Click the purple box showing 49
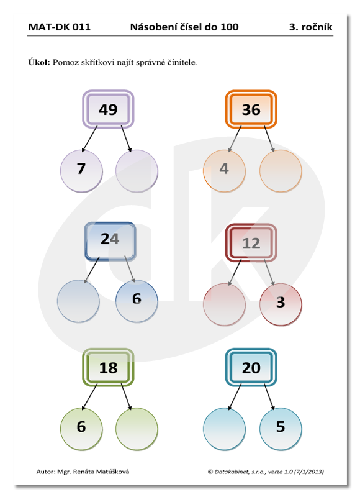pyautogui.click(x=108, y=109)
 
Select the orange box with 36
pyautogui.click(x=251, y=109)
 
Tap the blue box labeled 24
pyautogui.click(x=110, y=241)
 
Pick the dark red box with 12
pyautogui.click(x=251, y=242)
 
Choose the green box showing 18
pyautogui.click(x=108, y=367)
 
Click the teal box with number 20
pyautogui.click(x=251, y=367)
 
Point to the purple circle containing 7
pyautogui.click(x=81, y=171)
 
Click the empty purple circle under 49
pyautogui.click(x=137, y=171)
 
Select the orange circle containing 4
pyautogui.click(x=224, y=171)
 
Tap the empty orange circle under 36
pyautogui.click(x=281, y=171)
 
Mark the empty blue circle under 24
pyautogui.click(x=78, y=301)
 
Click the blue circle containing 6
pyautogui.click(x=137, y=301)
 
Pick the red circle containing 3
pyautogui.click(x=281, y=304)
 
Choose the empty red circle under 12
pyautogui.click(x=224, y=304)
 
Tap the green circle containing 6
pyautogui.click(x=81, y=429)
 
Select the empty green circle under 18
pyautogui.click(x=137, y=429)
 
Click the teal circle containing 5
pyautogui.click(x=281, y=429)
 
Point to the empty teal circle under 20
pyautogui.click(x=224, y=429)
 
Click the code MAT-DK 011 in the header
pyautogui.click(x=59, y=27)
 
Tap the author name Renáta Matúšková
pyautogui.click(x=101, y=472)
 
